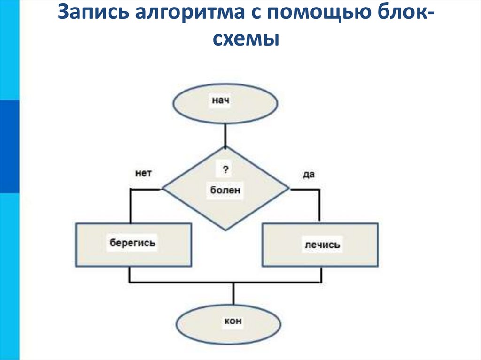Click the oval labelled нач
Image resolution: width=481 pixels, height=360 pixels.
pyautogui.click(x=225, y=104)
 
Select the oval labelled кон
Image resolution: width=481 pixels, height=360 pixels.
pyautogui.click(x=229, y=323)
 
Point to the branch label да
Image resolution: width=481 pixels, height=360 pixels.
pyautogui.click(x=308, y=174)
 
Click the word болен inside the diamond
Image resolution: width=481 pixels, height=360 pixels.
pyautogui.click(x=225, y=191)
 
